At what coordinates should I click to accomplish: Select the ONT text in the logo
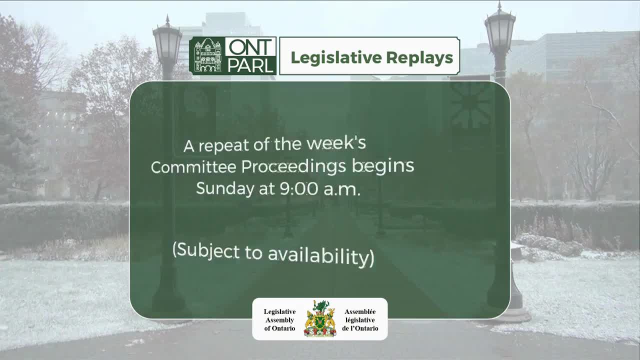coord(250,47)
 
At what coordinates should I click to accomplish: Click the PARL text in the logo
coord(250,65)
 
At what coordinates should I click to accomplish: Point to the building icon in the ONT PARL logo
coord(207,55)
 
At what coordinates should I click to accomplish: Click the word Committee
coord(194,167)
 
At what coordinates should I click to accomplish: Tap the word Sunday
coord(225,188)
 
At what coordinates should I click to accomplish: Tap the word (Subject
coord(205,249)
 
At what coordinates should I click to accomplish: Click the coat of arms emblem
coord(320,319)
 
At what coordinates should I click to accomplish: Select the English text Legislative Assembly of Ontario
coord(279,319)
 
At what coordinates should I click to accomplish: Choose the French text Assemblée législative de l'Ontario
coord(360,319)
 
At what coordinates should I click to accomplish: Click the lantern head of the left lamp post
coord(167,44)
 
